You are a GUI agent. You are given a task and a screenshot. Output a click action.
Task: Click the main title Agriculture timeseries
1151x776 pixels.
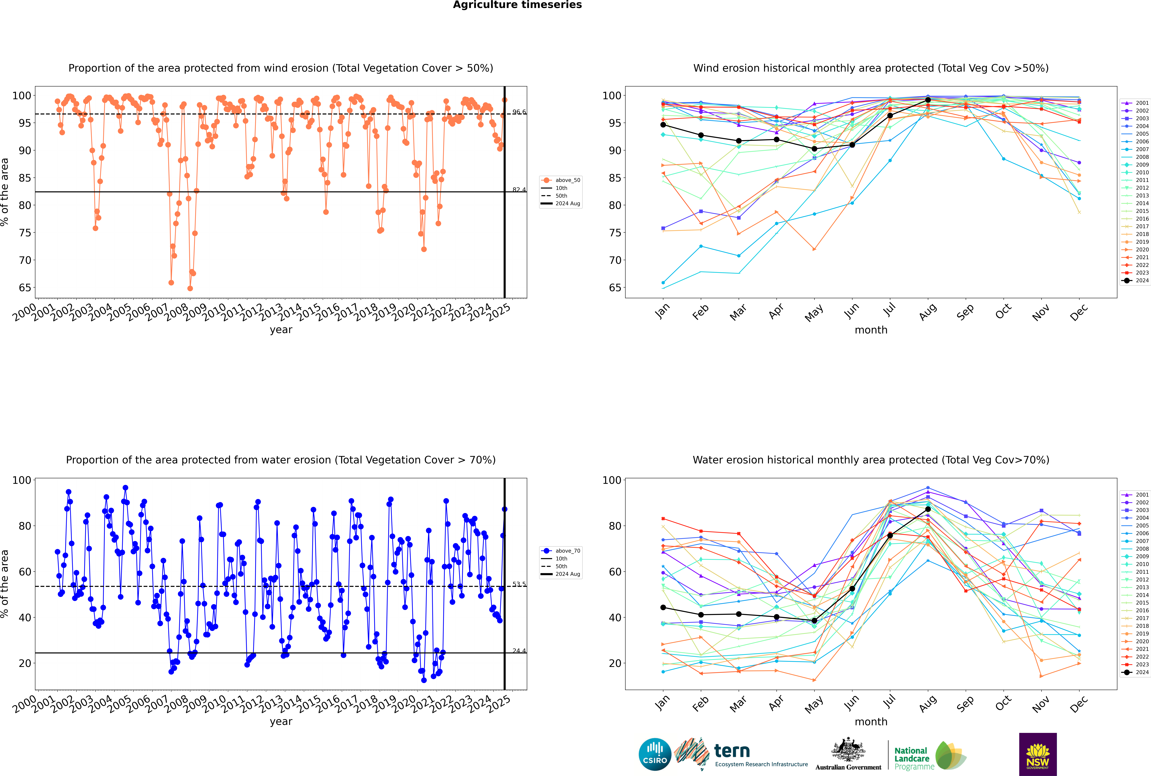click(x=517, y=5)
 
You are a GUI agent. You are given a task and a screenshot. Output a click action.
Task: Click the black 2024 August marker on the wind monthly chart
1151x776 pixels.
click(x=928, y=100)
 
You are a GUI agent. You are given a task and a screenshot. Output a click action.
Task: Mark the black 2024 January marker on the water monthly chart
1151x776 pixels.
click(x=663, y=608)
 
